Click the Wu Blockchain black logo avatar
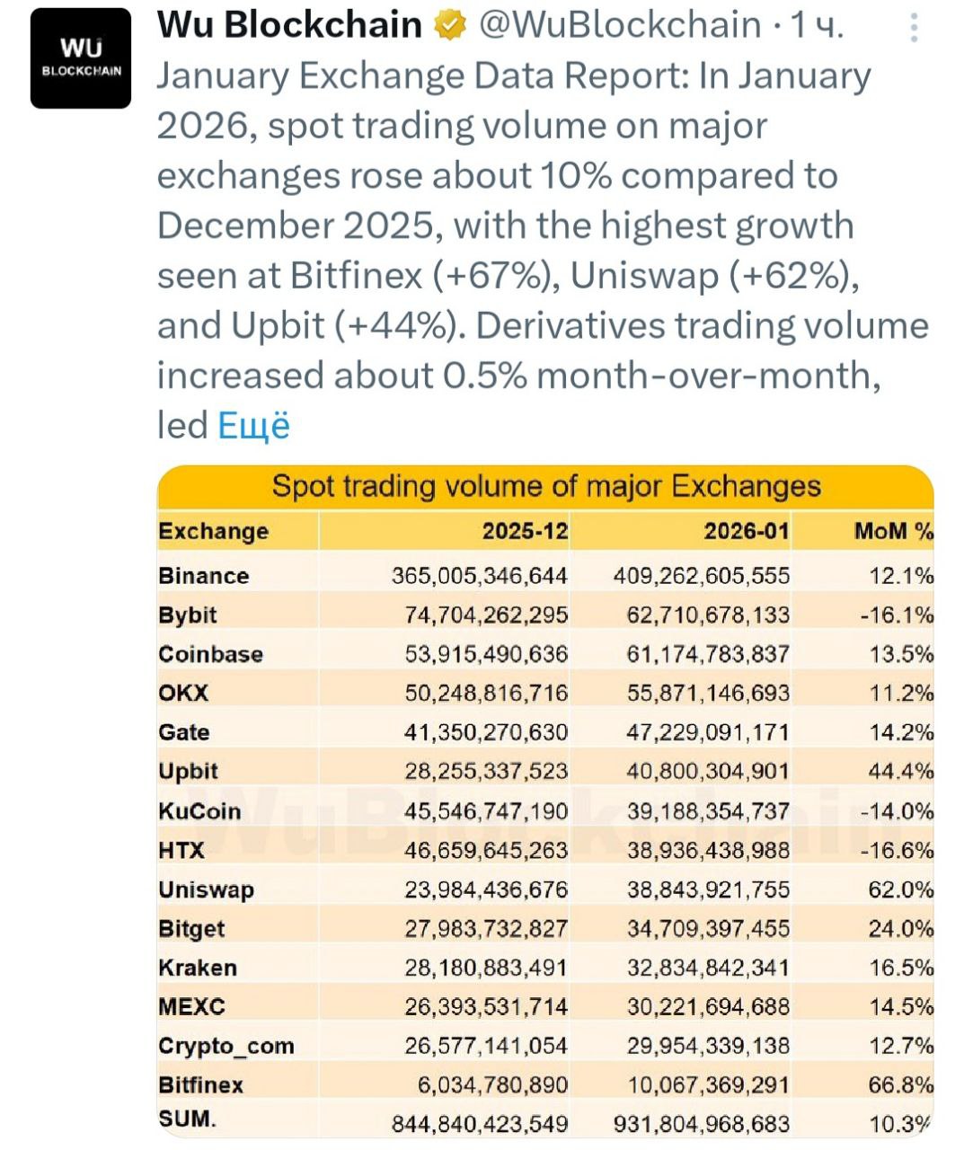(81, 58)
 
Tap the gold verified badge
(450, 26)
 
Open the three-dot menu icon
(914, 29)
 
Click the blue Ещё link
(254, 425)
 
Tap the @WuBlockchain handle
(620, 25)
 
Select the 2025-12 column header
(525, 531)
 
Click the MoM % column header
(893, 531)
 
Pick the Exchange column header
(214, 531)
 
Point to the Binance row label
(204, 576)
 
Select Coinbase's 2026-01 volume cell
(708, 654)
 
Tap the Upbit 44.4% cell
(901, 771)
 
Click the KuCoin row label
(199, 811)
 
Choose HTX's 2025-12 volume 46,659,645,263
(486, 850)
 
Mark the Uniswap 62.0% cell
(901, 889)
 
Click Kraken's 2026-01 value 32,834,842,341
(708, 968)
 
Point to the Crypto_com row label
(226, 1046)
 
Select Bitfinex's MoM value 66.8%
(901, 1084)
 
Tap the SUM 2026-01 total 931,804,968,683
(702, 1123)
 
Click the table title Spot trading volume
(546, 486)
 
